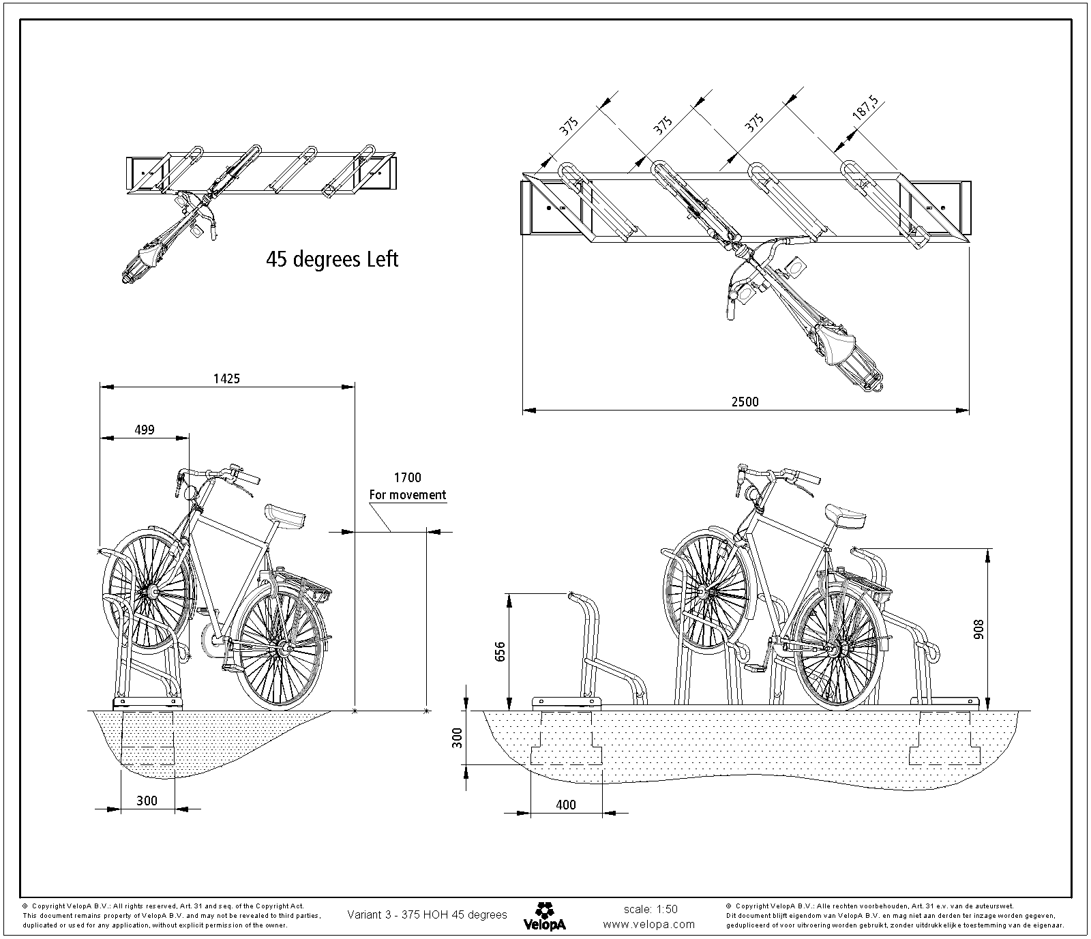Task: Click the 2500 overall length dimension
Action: (745, 402)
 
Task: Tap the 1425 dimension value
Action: (226, 378)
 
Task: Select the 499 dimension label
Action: (144, 429)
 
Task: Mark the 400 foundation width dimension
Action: (565, 805)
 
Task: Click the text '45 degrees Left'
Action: (332, 259)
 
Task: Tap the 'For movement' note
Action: (408, 495)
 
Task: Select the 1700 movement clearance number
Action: (408, 478)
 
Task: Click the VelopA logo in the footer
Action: (543, 916)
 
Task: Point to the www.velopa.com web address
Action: (649, 924)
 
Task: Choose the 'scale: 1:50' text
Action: (651, 909)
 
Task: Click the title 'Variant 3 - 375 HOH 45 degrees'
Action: (428, 914)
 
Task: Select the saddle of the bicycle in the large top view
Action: (836, 345)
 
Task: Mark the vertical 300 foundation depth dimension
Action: (458, 736)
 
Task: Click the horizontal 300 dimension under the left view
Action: (147, 801)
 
